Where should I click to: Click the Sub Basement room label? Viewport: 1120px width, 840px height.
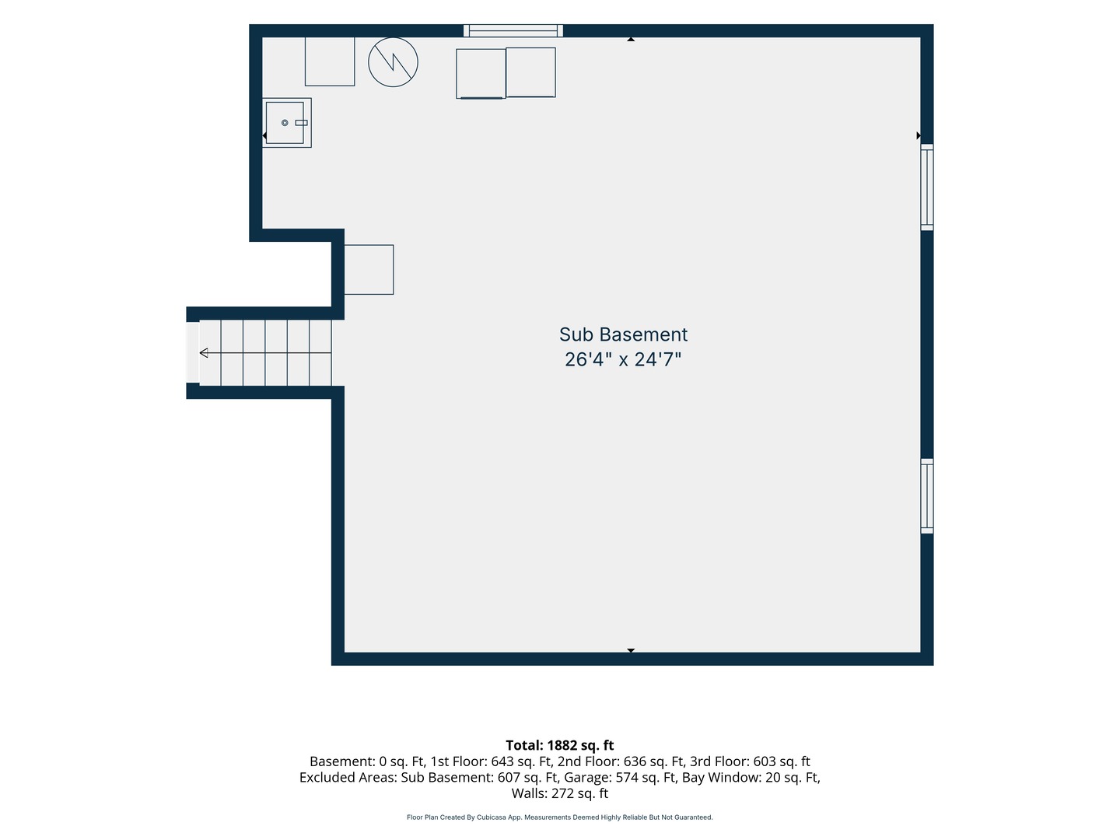(623, 334)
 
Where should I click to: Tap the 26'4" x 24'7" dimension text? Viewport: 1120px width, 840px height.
(623, 359)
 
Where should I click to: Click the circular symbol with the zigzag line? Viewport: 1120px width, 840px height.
(393, 62)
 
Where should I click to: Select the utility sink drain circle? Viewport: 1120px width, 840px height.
(285, 122)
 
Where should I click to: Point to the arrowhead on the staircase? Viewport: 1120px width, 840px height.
(204, 352)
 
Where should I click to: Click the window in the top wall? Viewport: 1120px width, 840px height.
(513, 30)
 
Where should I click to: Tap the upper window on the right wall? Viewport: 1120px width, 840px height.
(926, 187)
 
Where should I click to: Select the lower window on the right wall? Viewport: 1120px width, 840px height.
(926, 495)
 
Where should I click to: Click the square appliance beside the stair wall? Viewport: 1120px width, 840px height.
(369, 269)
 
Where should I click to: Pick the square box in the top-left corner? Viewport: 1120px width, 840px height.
(330, 61)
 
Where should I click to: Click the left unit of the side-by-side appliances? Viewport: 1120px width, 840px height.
(481, 73)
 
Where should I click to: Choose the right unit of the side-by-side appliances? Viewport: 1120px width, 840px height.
(530, 72)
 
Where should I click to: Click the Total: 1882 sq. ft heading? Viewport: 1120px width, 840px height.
(560, 745)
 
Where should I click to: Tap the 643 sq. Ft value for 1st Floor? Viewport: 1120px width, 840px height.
(521, 761)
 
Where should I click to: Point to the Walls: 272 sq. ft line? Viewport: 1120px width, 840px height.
(560, 793)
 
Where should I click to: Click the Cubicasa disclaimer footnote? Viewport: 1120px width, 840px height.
(560, 817)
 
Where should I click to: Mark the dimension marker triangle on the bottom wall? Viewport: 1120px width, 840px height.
(631, 650)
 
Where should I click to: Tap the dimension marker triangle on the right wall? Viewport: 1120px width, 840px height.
(919, 135)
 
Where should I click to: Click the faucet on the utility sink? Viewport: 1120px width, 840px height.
(302, 122)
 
